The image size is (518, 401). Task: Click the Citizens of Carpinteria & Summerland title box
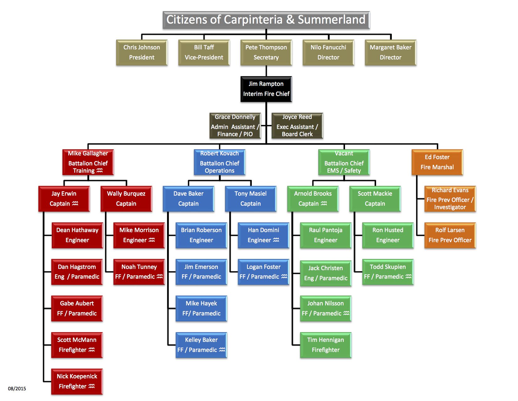(266, 20)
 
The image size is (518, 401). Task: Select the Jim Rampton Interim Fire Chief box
(266, 89)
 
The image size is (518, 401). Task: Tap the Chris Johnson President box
(142, 53)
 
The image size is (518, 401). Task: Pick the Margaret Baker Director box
(391, 53)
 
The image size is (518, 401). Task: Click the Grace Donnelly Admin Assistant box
(235, 126)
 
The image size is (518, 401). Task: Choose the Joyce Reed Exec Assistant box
(297, 126)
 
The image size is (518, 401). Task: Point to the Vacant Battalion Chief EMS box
(344, 162)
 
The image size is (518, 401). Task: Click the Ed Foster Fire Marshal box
(437, 162)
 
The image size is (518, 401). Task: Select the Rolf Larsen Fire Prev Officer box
(450, 235)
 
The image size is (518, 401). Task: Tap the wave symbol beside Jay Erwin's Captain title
(75, 203)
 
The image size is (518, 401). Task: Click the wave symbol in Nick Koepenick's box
(92, 386)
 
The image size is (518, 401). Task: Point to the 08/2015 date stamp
(17, 389)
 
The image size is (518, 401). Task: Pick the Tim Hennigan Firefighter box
(326, 345)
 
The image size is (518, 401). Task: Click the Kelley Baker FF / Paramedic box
(201, 345)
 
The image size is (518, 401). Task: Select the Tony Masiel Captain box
(251, 199)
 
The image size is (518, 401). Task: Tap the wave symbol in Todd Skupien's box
(408, 276)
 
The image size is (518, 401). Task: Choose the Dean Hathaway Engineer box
(77, 235)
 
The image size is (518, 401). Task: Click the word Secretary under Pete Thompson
(266, 58)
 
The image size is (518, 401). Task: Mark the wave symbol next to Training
(100, 170)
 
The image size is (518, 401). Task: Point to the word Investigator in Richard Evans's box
(450, 207)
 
